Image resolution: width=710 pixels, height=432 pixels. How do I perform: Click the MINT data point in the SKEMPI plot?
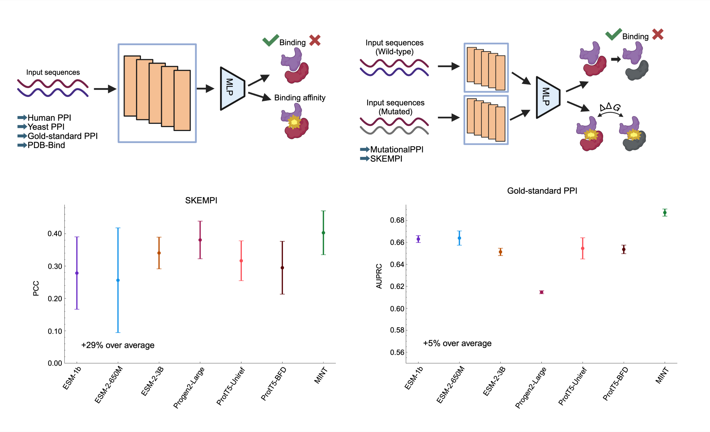(323, 233)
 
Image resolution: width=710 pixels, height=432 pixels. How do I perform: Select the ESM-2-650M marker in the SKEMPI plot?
(118, 280)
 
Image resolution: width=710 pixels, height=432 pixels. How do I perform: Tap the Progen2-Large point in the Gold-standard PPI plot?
(541, 292)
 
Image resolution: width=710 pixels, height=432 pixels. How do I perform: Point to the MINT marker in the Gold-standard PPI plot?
(665, 213)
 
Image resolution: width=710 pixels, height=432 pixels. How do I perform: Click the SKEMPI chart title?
(201, 201)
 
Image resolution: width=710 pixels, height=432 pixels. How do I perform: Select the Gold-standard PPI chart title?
(542, 191)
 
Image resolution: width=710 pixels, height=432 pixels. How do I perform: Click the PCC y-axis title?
(36, 288)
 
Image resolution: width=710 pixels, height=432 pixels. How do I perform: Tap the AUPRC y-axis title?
(379, 276)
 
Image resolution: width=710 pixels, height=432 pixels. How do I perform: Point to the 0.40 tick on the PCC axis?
(55, 234)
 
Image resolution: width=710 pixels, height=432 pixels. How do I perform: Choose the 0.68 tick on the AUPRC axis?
(397, 220)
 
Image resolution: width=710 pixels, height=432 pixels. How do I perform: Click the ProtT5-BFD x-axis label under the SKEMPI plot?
(273, 384)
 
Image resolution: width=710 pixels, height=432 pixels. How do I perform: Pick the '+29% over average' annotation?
(118, 345)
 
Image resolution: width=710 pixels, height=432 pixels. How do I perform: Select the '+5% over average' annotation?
(457, 343)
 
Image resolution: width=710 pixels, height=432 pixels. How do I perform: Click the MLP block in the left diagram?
(231, 88)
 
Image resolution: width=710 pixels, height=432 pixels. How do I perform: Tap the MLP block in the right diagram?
(547, 97)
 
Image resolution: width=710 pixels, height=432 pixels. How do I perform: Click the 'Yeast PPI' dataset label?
(46, 127)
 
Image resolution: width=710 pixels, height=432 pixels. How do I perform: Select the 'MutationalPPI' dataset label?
(397, 149)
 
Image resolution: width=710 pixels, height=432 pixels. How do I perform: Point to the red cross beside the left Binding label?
(315, 40)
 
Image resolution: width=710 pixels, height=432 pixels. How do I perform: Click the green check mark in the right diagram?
(613, 34)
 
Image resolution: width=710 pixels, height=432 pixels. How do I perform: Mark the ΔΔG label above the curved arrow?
(610, 107)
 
